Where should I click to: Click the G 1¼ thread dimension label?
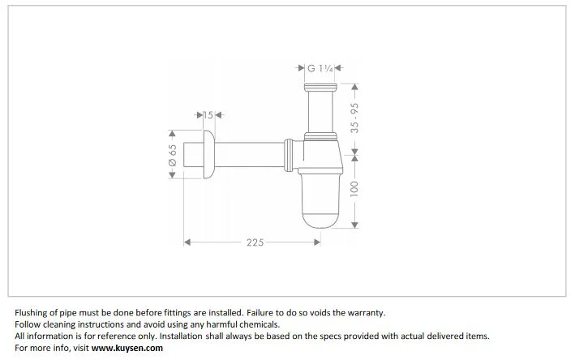(320, 68)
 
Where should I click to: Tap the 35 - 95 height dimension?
(354, 118)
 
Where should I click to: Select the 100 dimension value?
(354, 189)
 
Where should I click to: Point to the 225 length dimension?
(255, 242)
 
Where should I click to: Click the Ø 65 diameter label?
(173, 155)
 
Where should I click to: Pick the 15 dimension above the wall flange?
(208, 115)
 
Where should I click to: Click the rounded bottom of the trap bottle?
(320, 219)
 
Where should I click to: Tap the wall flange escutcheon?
(208, 154)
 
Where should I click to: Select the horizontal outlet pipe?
(249, 155)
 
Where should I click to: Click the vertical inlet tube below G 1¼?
(320, 111)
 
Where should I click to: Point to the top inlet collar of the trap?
(320, 88)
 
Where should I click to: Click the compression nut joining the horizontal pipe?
(289, 155)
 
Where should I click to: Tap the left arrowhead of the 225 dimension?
(187, 242)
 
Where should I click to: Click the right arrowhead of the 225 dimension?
(318, 242)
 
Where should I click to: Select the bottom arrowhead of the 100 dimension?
(354, 225)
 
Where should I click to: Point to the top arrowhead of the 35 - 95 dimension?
(354, 87)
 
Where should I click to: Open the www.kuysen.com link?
(127, 348)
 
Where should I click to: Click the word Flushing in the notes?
(31, 313)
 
